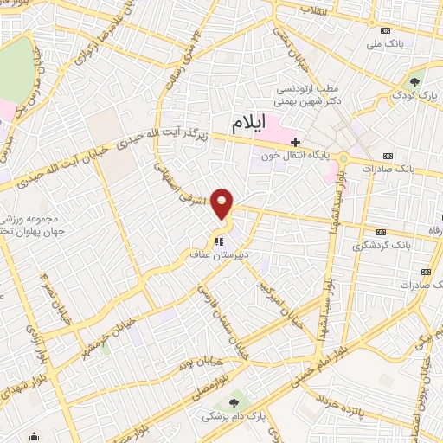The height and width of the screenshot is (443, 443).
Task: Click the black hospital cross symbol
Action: click(296, 142)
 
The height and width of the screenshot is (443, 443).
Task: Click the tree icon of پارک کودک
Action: click(416, 82)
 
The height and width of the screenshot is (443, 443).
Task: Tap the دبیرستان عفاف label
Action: click(219, 255)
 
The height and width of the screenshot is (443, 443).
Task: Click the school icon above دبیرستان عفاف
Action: click(219, 241)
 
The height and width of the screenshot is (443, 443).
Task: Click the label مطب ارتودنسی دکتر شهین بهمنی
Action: click(307, 94)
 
